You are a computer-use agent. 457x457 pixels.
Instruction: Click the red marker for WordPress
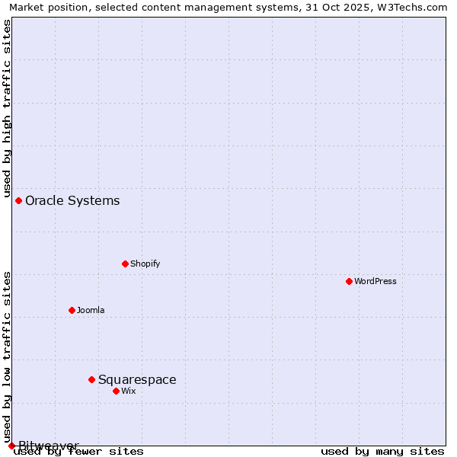pos(349,281)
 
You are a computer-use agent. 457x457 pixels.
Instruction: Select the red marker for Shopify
pos(125,264)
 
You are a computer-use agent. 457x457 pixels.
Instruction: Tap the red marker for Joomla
pos(72,310)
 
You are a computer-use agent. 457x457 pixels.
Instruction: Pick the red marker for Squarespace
pos(91,379)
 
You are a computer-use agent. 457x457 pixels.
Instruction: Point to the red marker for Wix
pos(116,391)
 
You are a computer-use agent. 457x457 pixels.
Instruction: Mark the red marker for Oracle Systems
pos(18,200)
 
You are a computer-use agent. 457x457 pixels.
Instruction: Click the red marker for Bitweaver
pos(11,446)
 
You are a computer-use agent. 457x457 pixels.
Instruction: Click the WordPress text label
pos(376,281)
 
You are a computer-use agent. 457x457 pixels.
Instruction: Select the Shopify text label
pos(145,264)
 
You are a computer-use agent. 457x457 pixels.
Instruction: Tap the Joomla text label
pos(91,310)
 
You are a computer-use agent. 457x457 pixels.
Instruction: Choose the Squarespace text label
pos(137,379)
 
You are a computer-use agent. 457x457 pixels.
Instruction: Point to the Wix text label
pos(129,391)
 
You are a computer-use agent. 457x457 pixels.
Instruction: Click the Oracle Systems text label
pos(72,200)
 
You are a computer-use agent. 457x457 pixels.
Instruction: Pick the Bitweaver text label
pos(49,446)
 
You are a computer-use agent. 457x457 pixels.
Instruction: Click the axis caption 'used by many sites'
pos(382,452)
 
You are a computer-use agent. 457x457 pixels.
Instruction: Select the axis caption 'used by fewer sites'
pos(79,452)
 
